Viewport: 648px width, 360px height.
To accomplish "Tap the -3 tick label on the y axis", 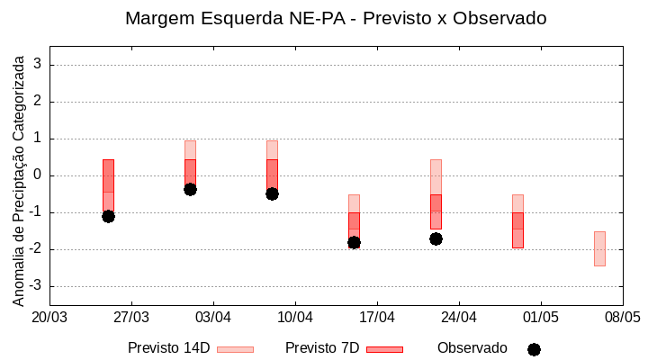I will pos(35,286).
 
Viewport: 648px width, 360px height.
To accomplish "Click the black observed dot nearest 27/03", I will pos(108,216).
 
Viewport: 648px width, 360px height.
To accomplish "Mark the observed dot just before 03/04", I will pos(190,189).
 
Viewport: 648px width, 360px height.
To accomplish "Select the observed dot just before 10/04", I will pos(272,193).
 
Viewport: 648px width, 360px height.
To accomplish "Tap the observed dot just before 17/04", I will pos(354,242).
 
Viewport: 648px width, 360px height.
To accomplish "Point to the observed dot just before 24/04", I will pos(436,238).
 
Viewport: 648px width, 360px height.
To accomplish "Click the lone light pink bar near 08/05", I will pos(599,248).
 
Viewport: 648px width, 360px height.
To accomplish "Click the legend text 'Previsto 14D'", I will pos(168,348).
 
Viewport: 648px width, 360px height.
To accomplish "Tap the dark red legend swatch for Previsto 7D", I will pos(384,349).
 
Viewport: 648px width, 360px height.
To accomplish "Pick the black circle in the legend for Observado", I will pos(534,349).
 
